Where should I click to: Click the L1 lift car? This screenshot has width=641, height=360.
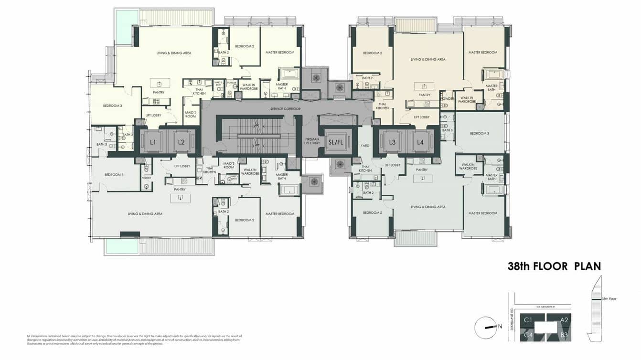tap(153, 142)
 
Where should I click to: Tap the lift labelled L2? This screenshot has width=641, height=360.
tap(181, 142)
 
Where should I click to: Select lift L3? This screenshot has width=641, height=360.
tap(392, 142)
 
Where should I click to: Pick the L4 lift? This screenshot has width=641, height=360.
tap(420, 142)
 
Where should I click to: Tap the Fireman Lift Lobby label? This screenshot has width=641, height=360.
tap(312, 141)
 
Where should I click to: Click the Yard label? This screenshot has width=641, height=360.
tap(365, 146)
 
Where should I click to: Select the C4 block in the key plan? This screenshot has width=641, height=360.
tap(528, 335)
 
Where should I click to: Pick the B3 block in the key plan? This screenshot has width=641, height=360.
tap(564, 335)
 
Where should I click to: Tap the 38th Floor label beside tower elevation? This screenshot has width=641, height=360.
tap(609, 299)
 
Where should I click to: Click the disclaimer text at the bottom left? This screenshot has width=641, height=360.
tap(134, 339)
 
